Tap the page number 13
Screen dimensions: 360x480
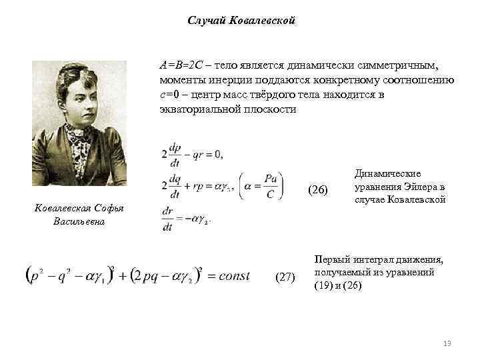tap(447, 343)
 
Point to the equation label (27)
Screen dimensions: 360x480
tap(285, 277)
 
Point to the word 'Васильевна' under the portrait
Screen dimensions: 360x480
tap(79, 221)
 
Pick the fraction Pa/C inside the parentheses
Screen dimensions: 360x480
tap(269, 185)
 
